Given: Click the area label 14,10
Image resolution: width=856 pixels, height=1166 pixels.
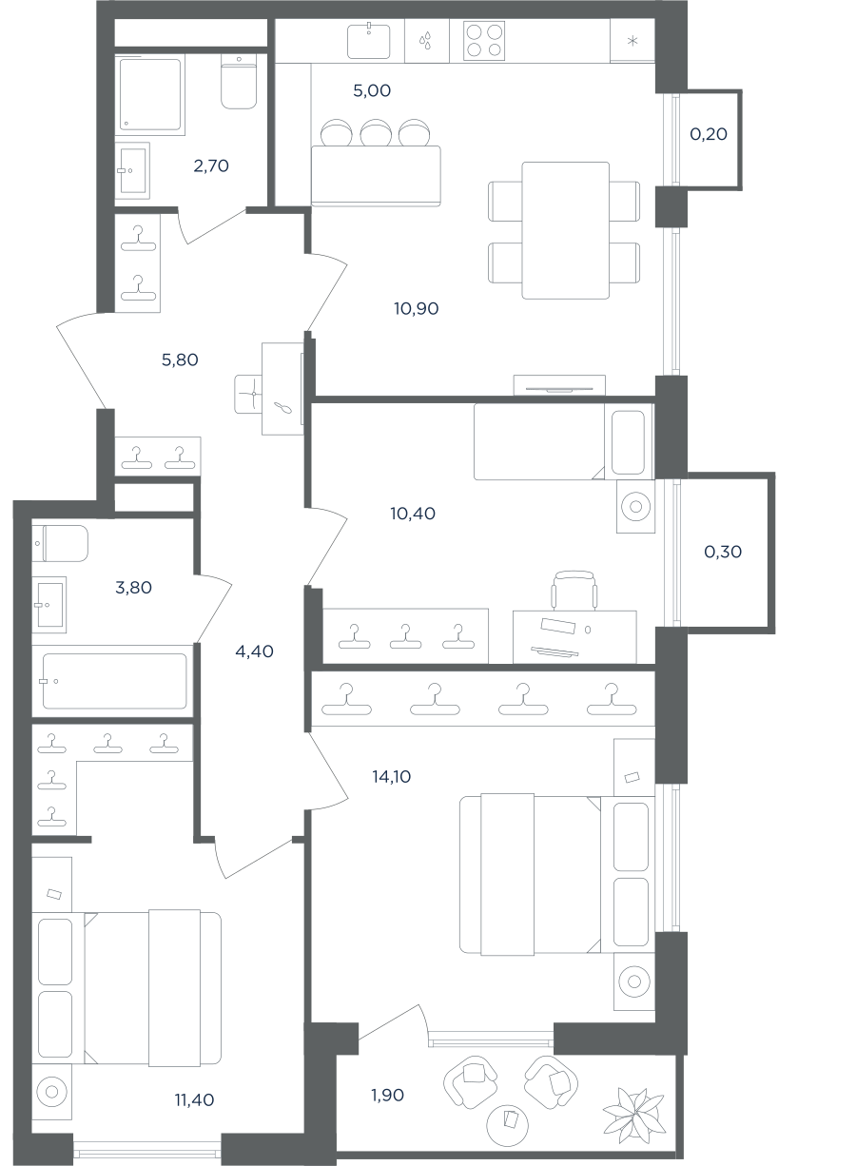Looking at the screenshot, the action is tap(392, 777).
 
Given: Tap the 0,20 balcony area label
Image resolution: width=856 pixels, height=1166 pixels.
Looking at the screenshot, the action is tap(709, 134).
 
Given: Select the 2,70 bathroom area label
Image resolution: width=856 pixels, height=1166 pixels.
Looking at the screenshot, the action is tap(211, 166).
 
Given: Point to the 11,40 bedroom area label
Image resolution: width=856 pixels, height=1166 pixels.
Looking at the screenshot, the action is tap(194, 1099).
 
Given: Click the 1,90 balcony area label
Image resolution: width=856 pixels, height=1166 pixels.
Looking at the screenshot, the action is tap(387, 1096).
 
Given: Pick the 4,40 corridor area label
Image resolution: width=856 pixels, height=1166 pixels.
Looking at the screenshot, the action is tap(254, 651).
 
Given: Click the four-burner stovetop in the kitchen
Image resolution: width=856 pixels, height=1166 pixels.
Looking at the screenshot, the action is tap(484, 41).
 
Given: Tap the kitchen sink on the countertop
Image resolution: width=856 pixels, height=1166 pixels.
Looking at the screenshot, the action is tap(369, 41).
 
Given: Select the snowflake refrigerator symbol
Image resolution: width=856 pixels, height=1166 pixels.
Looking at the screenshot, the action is tap(632, 41).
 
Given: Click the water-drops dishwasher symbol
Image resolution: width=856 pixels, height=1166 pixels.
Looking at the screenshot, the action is tap(426, 41).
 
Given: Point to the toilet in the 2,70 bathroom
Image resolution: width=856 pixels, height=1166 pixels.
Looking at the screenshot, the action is tap(239, 81).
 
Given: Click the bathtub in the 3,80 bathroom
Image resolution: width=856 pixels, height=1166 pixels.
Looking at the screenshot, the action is tap(114, 681).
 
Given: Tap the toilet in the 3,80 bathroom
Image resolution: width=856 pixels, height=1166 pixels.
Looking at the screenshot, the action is tap(60, 543).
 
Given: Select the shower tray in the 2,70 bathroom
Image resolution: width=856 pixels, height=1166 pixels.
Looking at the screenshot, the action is tap(150, 94).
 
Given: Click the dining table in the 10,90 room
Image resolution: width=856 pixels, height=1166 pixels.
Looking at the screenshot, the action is tap(566, 230).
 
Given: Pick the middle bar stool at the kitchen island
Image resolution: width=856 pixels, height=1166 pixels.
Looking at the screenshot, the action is tap(376, 133).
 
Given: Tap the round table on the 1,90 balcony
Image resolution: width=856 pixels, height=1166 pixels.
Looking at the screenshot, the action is tap(507, 1125).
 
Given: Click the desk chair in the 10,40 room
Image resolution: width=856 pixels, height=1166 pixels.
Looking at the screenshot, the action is tap(574, 591).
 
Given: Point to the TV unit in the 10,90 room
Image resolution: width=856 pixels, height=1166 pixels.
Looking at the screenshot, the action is tap(559, 385).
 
